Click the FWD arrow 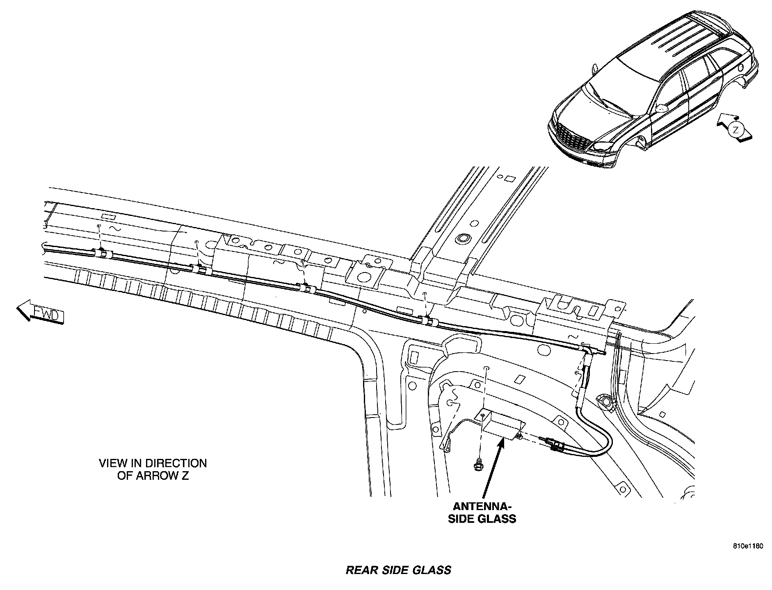click(x=40, y=312)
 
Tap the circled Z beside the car click(x=735, y=131)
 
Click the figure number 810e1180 click(x=748, y=547)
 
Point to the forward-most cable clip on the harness click(x=101, y=252)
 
